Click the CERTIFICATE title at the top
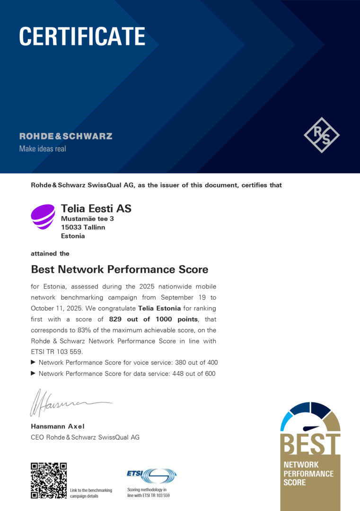coord(82,36)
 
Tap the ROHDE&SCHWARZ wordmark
coord(66,136)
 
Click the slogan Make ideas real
coord(43,149)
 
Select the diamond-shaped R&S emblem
coord(322,135)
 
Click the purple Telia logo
coord(43,217)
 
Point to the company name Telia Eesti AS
coord(96,208)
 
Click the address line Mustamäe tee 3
coord(88,219)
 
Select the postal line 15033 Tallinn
coord(83,227)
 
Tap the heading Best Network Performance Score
coord(120,269)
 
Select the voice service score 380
coord(181,362)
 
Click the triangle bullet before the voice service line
coord(33,362)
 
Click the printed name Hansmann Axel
coord(58,426)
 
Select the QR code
coord(49,480)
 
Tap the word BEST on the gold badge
coord(310,443)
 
